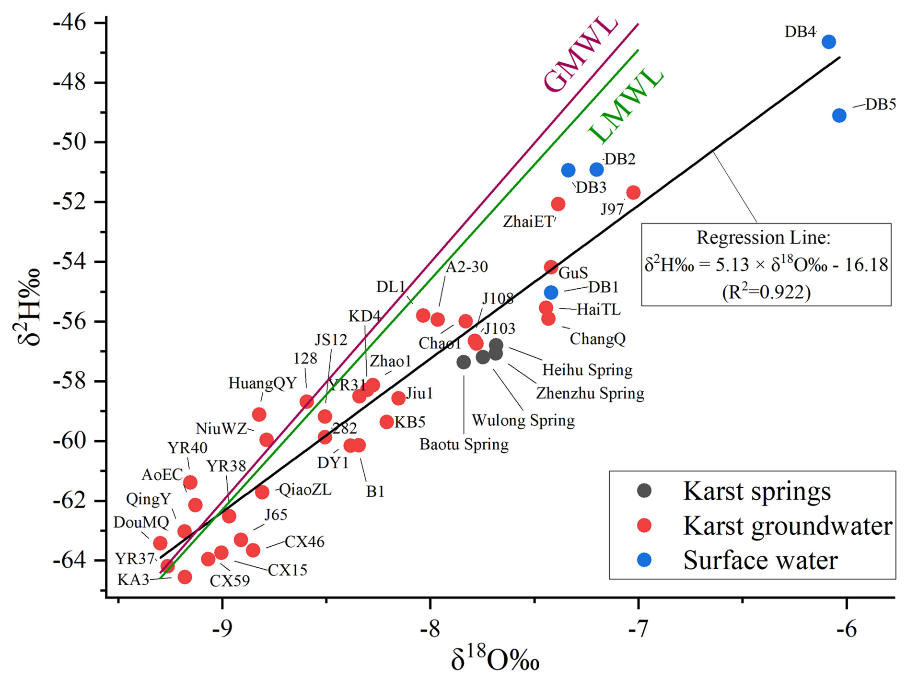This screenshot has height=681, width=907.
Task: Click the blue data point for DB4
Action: tap(828, 42)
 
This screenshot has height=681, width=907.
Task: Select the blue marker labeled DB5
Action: tap(839, 115)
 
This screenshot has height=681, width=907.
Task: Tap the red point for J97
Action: tap(633, 193)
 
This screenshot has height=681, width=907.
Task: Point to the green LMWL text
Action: tap(625, 106)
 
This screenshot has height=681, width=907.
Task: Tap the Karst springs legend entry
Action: tap(756, 491)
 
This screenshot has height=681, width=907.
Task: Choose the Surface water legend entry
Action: tap(760, 560)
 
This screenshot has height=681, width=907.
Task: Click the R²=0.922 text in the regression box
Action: tap(766, 292)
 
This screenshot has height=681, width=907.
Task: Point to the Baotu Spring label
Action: tap(464, 445)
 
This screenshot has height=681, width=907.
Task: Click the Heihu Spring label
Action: tap(587, 370)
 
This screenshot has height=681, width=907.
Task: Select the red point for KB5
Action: tap(387, 422)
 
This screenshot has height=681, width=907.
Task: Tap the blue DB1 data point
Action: tap(551, 292)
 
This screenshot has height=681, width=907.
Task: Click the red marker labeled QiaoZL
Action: tap(262, 492)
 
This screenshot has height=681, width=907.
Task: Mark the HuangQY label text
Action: tap(262, 384)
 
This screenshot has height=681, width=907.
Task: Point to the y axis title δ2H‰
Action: tap(27, 307)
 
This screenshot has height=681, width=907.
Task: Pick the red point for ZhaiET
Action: tap(558, 204)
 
